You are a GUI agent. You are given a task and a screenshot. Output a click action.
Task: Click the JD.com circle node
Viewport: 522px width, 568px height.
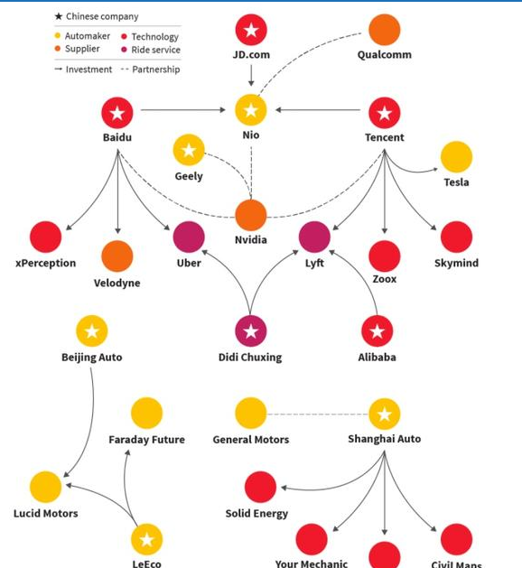click(251, 30)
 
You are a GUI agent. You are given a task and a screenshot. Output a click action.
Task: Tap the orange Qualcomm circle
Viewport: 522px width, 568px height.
click(385, 30)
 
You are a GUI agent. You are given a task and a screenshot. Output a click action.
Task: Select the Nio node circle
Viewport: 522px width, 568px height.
click(251, 110)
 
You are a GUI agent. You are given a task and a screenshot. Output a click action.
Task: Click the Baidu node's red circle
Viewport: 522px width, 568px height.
click(117, 113)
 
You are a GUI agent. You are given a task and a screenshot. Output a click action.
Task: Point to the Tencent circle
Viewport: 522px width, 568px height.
click(385, 113)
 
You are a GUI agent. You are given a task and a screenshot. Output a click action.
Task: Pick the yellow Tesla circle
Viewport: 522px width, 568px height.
click(456, 157)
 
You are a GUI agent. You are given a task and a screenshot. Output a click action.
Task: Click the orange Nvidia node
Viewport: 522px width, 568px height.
click(251, 215)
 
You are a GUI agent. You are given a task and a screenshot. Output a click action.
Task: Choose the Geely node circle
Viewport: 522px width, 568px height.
click(189, 150)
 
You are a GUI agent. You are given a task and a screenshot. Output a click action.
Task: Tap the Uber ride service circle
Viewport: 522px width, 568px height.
click(189, 237)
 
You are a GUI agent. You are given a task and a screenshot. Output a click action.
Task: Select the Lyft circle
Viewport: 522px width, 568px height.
click(314, 237)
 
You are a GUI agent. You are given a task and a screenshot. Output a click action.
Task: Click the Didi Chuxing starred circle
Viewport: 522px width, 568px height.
click(251, 331)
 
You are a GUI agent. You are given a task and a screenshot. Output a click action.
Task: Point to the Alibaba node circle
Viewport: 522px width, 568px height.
click(378, 331)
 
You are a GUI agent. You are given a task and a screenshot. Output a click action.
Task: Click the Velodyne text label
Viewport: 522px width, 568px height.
click(117, 283)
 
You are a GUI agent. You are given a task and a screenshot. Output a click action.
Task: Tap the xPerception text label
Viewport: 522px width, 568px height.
click(46, 263)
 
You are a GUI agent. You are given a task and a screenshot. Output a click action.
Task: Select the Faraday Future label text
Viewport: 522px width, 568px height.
click(146, 440)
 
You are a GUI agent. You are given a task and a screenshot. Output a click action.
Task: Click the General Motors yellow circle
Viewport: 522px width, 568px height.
click(251, 414)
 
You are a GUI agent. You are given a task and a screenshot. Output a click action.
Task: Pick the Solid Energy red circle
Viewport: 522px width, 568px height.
click(260, 487)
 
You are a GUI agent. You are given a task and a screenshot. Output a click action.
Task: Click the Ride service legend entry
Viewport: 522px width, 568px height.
click(151, 50)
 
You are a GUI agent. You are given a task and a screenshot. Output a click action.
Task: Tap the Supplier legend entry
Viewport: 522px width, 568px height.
click(77, 49)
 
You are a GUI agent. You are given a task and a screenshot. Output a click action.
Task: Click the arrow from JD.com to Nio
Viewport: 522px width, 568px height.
click(251, 76)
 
